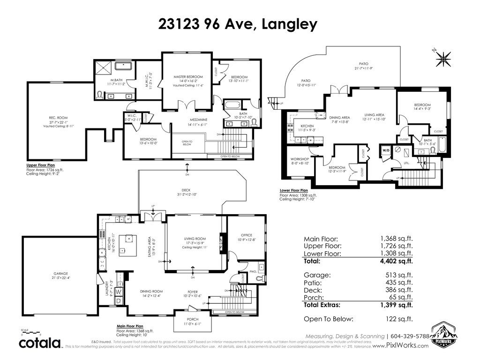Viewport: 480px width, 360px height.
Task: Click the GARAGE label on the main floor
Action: [x=60, y=273]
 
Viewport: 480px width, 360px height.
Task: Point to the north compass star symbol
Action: [x=442, y=59]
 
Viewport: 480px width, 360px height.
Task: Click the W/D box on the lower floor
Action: [x=386, y=151]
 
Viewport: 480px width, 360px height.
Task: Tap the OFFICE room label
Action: [x=246, y=235]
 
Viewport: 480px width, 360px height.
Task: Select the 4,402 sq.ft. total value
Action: [x=397, y=261]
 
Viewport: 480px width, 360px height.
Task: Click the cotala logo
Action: [x=40, y=343]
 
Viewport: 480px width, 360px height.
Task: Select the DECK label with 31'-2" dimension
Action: [x=186, y=191]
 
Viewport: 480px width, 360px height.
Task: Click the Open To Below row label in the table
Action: [x=328, y=319]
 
